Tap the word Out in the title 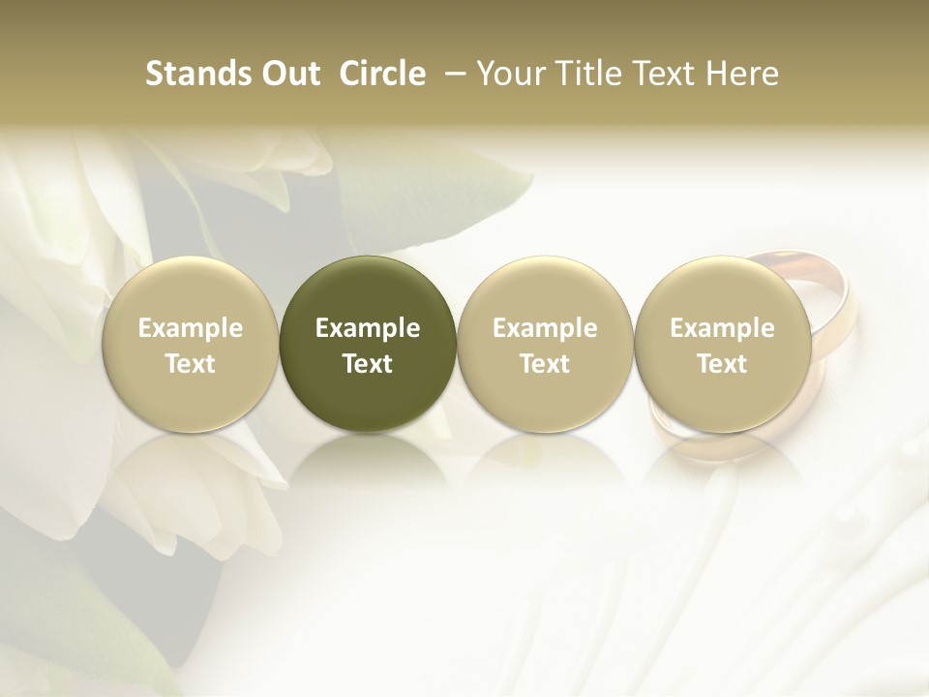pyautogui.click(x=288, y=74)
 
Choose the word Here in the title pyautogui.click(x=741, y=74)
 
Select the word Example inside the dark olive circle pyautogui.click(x=368, y=328)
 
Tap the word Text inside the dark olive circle pyautogui.click(x=368, y=364)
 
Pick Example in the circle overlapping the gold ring pyautogui.click(x=722, y=328)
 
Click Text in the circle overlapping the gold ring pyautogui.click(x=722, y=364)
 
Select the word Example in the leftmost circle pyautogui.click(x=191, y=328)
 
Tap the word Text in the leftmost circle pyautogui.click(x=191, y=364)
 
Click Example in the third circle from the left pyautogui.click(x=545, y=328)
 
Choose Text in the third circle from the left pyautogui.click(x=545, y=364)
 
